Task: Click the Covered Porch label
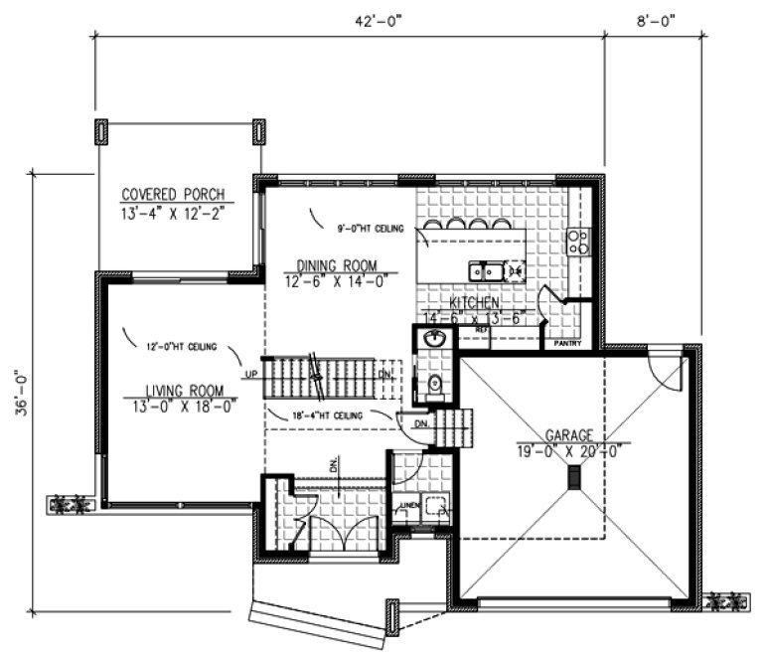(173, 194)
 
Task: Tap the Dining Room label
(338, 264)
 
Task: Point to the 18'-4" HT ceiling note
(329, 414)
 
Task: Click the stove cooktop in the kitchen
(577, 242)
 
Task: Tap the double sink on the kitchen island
(487, 269)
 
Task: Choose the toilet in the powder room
(434, 384)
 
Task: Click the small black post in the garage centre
(574, 478)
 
